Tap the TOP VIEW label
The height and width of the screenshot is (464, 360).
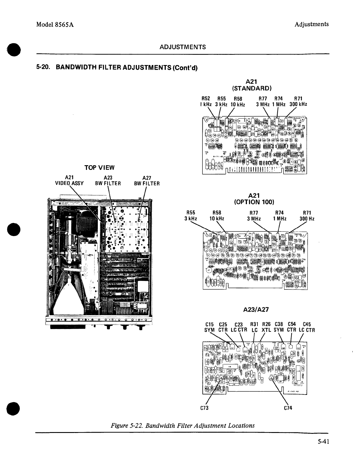tap(99, 168)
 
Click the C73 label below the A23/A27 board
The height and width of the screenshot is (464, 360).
tap(204, 408)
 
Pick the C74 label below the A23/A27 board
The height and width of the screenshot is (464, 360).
tap(288, 408)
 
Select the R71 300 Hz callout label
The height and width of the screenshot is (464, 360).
tap(307, 216)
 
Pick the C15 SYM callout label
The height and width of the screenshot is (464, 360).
tap(209, 327)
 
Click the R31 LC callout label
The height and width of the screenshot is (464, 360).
tap(254, 327)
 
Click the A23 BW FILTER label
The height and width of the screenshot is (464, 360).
tap(108, 181)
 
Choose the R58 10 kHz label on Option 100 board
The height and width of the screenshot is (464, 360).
tap(217, 216)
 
